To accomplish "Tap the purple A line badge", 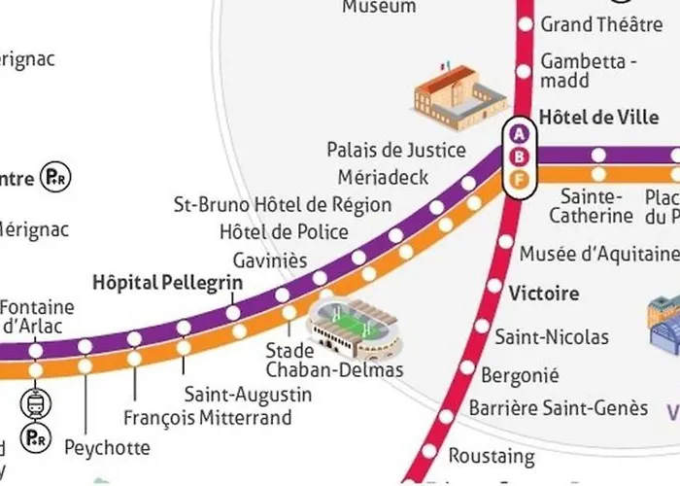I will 520,134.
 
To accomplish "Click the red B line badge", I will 520,156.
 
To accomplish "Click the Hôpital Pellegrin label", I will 167,283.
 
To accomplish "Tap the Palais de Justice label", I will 396,151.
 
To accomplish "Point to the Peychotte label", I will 107,448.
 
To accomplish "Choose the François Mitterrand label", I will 208,419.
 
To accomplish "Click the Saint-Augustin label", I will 249,395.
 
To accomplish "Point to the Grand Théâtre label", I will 601,23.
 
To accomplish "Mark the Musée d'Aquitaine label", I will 598,255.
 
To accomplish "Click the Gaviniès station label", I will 270,260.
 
